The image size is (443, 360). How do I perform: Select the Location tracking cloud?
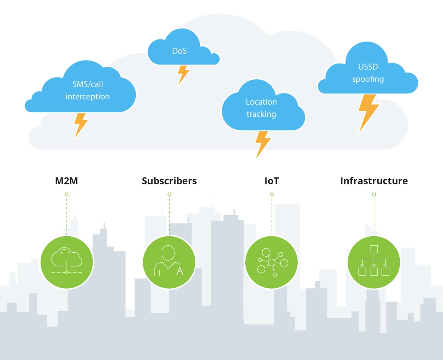coord(261,108)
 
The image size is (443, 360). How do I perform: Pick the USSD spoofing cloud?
coord(368,74)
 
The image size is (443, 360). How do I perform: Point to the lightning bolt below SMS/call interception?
coord(81,125)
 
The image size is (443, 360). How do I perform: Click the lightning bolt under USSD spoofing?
coord(368,112)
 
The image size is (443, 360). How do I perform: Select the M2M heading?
coord(66,181)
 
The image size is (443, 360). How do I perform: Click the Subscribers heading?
coord(169,181)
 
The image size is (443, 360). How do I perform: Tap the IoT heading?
coord(272,181)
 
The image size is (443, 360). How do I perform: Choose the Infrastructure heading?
coord(374,181)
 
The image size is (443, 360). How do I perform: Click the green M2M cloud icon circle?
coord(67,262)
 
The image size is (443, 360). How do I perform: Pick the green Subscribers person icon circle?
coord(169,262)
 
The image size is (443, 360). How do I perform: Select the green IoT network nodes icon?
coord(272,262)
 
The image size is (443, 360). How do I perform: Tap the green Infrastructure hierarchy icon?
coord(374,262)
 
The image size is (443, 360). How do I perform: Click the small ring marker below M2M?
coord(66,195)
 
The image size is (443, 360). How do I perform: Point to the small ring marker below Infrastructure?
coord(374,195)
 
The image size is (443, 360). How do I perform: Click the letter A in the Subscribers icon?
coord(180,271)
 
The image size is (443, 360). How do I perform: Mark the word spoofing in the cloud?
coord(368,79)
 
